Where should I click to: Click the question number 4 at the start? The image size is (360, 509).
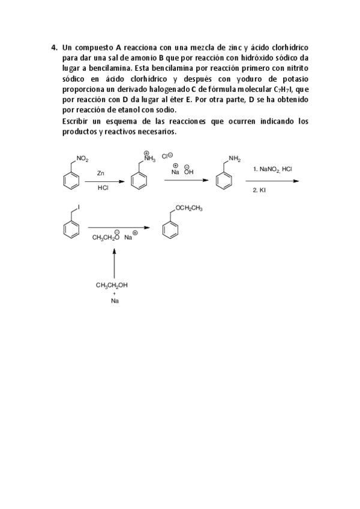53,47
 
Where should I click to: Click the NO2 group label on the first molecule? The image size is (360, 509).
82,159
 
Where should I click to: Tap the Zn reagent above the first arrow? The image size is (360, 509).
101,173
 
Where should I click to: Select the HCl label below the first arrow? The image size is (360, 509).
103,187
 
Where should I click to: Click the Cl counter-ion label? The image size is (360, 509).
167,157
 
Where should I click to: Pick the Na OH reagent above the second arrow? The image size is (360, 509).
181,171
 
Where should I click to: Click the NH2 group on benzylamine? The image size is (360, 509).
234,159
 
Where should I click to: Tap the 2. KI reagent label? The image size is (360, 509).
259,190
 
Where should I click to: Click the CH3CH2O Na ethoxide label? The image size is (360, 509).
114,237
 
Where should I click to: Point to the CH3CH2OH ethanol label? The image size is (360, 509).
112,286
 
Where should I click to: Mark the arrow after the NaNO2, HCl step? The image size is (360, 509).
275,180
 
